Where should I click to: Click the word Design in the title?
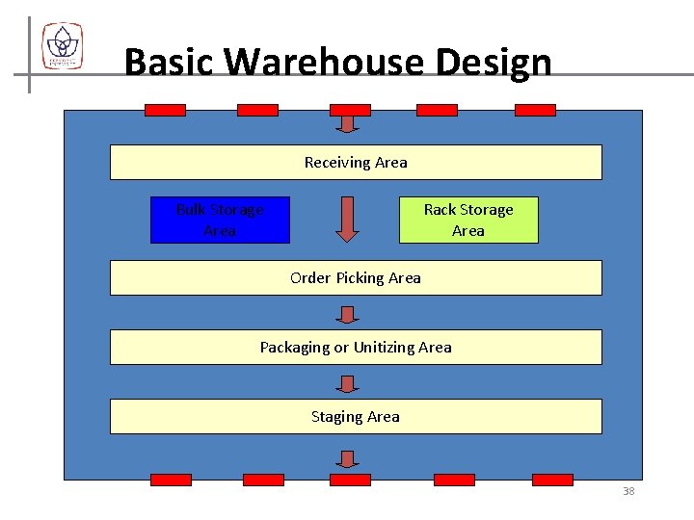point(493,65)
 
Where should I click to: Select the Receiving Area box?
point(356,163)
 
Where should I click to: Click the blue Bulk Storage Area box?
point(220,220)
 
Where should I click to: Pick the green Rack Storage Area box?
point(468,220)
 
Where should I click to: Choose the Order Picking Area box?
point(356,277)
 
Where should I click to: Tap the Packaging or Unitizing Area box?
point(356,347)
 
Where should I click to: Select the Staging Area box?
point(356,416)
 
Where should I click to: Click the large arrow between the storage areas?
point(347,219)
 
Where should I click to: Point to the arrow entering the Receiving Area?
point(348,122)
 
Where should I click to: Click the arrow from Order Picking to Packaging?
point(348,314)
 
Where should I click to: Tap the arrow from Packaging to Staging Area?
point(348,383)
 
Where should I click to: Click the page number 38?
point(628,491)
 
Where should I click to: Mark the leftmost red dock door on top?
point(165,110)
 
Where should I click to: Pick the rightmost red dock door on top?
point(535,110)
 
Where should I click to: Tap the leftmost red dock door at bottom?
point(171,480)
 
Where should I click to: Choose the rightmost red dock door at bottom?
point(552,480)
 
